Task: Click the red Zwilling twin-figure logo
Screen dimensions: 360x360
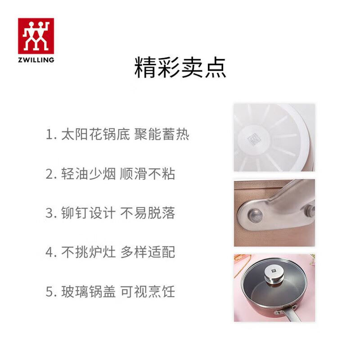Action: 36,36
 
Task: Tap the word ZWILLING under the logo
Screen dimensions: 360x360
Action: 36,60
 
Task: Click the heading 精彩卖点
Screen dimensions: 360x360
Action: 180,68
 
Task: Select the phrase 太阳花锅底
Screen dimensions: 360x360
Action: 95,134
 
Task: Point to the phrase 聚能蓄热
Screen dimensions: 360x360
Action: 162,134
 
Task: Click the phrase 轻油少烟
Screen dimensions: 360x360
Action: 88,174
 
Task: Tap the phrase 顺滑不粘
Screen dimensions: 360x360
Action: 148,174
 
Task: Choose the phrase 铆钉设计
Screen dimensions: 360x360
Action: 88,213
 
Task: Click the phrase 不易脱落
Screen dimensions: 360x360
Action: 148,213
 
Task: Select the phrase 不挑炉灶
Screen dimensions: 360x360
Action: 88,252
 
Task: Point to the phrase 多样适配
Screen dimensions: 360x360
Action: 148,252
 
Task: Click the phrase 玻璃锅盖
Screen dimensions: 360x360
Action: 88,292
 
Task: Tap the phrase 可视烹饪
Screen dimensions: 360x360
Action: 148,292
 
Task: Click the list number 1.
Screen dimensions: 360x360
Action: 51,135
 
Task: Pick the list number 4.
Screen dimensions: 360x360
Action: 51,252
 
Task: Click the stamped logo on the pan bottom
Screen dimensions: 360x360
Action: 254,139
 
